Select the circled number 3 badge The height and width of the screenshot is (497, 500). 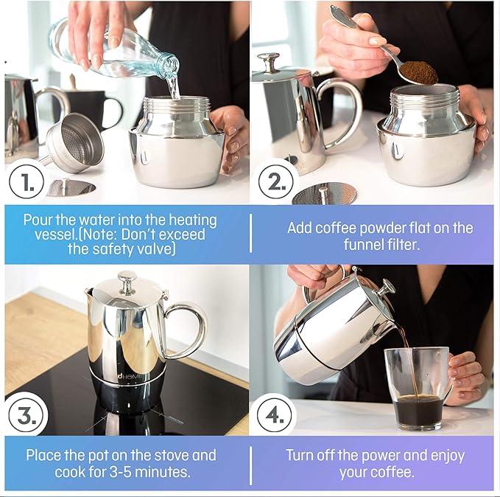(x=27, y=415)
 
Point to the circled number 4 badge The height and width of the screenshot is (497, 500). (x=275, y=415)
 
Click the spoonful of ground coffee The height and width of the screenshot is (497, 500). (x=418, y=73)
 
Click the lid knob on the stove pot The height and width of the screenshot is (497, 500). (x=126, y=282)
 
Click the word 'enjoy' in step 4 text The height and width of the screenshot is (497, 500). (x=447, y=456)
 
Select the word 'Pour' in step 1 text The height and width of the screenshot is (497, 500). (x=38, y=220)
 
